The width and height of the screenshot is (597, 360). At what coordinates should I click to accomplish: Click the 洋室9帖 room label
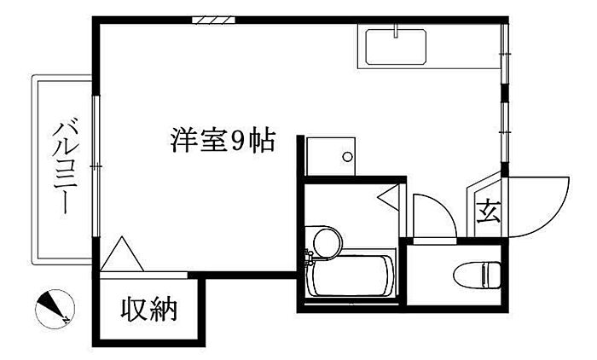tap(223, 141)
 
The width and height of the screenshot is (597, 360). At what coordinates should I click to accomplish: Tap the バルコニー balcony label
tap(66, 165)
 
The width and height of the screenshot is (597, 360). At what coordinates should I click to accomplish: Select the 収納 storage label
tap(149, 310)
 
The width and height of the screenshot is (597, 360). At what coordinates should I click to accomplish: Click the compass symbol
tap(55, 309)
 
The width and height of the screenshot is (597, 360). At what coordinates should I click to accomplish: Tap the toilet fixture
tap(477, 275)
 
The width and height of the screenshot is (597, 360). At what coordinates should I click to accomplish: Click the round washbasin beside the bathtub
tap(327, 242)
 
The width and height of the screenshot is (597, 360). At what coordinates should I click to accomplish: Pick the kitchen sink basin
tap(396, 47)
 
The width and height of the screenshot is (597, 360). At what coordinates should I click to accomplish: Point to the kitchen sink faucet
tap(396, 31)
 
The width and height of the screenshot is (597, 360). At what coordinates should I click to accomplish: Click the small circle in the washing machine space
tap(347, 157)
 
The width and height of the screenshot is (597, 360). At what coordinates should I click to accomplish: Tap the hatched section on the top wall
tap(213, 20)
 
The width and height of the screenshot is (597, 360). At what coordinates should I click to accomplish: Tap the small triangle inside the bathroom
tap(388, 196)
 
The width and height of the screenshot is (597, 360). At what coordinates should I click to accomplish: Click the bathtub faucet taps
tap(309, 257)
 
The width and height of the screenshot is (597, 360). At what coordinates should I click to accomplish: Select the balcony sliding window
tap(96, 166)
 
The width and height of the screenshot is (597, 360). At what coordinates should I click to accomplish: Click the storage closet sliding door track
tap(144, 275)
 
